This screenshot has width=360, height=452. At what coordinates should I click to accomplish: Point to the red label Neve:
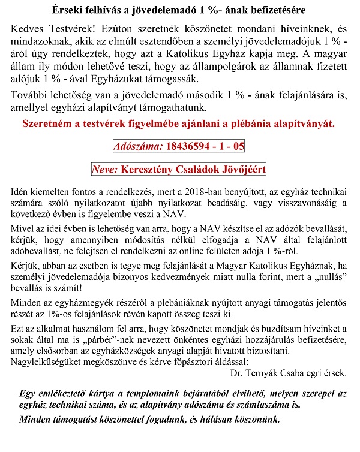(x=105, y=169)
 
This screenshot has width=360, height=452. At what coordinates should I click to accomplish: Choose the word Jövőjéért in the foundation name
(x=243, y=169)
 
